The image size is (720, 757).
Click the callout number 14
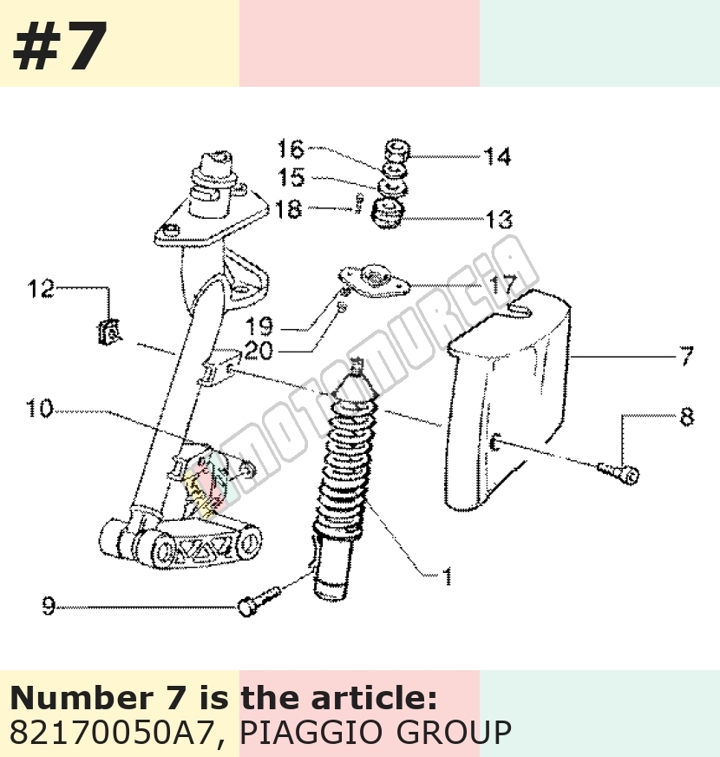point(497,157)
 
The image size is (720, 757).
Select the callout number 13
point(499,220)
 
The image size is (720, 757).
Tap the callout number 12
point(41,289)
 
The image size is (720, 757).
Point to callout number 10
point(39,408)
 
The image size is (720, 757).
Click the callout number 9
point(49,606)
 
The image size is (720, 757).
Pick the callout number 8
point(687,417)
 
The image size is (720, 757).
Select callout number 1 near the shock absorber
point(448,576)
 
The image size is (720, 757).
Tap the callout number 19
point(259,326)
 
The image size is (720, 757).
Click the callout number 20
point(259,351)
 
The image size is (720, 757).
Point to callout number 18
point(288,209)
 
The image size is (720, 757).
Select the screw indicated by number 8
point(619,472)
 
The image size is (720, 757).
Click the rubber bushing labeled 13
point(387,213)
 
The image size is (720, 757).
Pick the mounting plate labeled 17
point(375,281)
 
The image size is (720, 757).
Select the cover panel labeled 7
point(507,401)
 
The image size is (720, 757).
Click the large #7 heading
point(60,46)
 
